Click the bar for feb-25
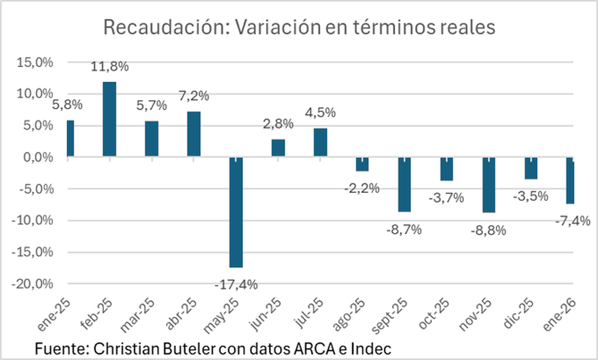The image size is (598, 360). [109, 120]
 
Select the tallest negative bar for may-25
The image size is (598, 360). [236, 212]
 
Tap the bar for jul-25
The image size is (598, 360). [320, 143]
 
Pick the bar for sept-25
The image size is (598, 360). [405, 184]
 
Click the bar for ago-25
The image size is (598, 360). [362, 164]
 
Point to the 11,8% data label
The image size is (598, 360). [110, 66]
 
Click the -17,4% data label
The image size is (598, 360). [236, 285]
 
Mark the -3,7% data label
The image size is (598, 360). [447, 198]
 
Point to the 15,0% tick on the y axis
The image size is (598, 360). [34, 62]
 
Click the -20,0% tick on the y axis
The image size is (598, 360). [32, 284]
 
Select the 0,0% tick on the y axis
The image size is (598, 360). [36, 157]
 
